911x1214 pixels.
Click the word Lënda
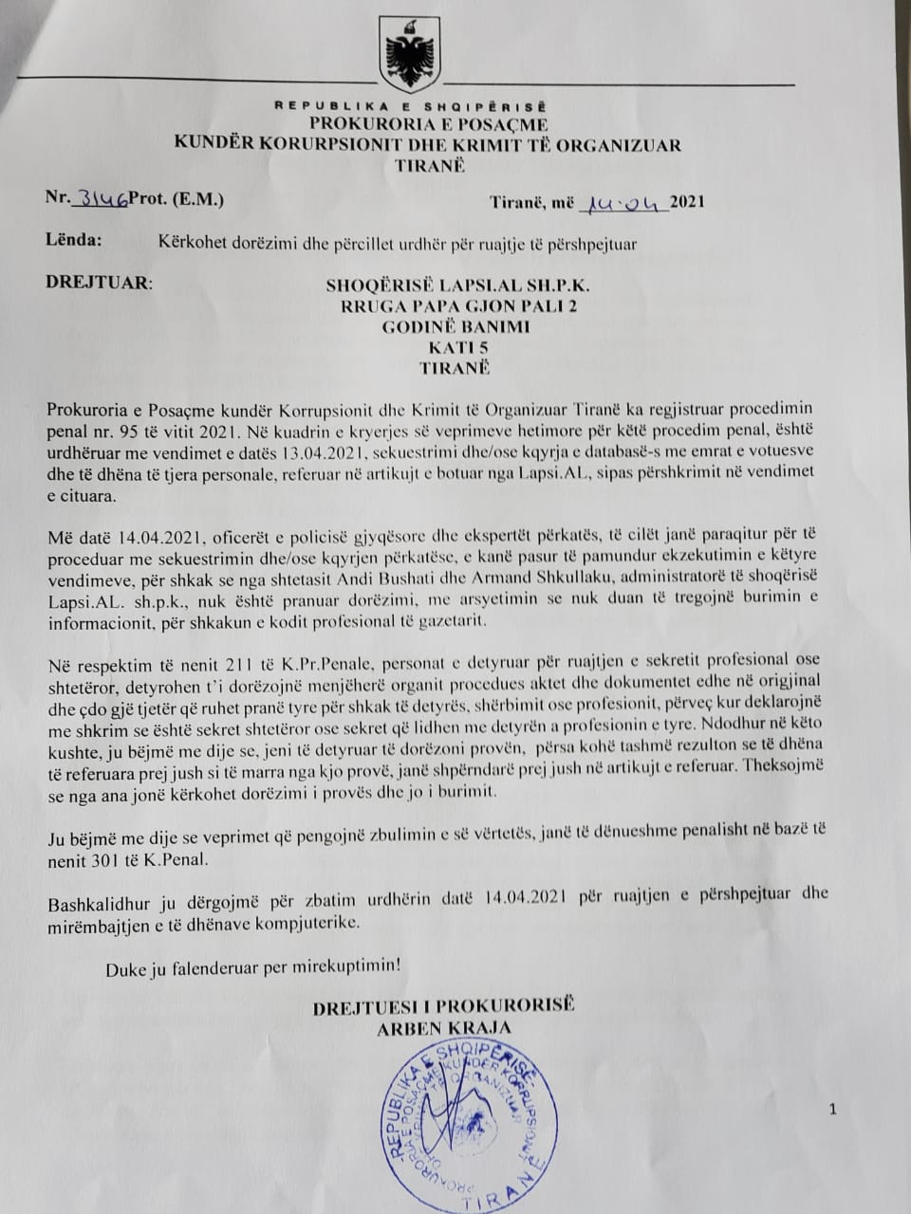(73, 240)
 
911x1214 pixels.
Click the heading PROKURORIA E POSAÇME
(427, 125)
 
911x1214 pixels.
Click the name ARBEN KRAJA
(443, 1027)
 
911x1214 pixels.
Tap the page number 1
(832, 1109)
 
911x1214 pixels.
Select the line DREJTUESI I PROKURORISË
(443, 1006)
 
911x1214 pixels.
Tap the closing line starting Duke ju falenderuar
(253, 968)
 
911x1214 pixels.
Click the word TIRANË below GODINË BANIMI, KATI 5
(451, 368)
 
